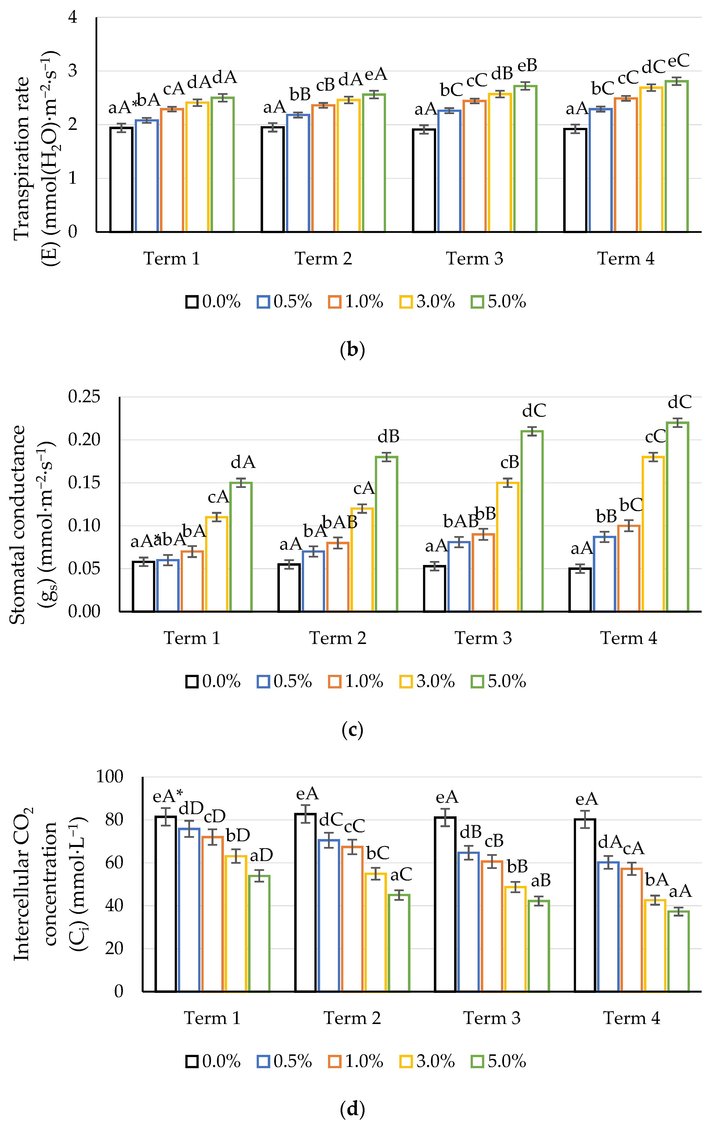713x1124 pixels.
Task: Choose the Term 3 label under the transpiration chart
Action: click(475, 259)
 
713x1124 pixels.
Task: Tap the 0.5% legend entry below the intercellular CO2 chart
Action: click(285, 1062)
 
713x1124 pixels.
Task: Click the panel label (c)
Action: click(352, 730)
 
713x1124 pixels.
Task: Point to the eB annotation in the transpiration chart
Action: click(527, 65)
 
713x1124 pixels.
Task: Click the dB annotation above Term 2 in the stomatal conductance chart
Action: click(388, 436)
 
